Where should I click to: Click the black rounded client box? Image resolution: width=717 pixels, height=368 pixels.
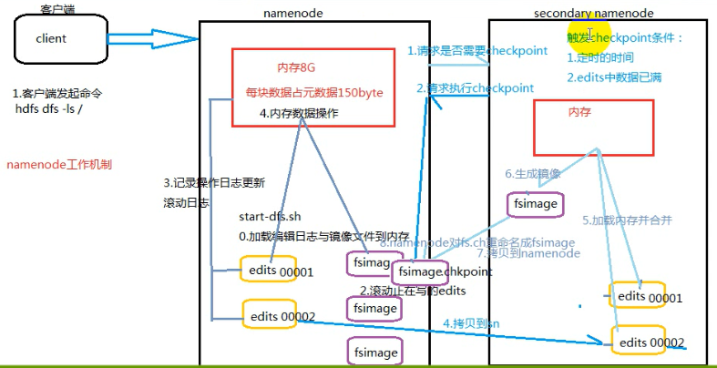(x=52, y=39)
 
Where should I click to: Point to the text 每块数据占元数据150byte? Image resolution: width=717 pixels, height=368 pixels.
(x=314, y=93)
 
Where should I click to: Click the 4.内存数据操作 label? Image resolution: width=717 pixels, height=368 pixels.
(x=299, y=114)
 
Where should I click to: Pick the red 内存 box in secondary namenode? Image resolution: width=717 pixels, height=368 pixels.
(x=593, y=126)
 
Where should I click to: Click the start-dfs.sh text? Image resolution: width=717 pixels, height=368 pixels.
(x=270, y=217)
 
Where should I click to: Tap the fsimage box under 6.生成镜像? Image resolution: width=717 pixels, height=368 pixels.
(x=535, y=204)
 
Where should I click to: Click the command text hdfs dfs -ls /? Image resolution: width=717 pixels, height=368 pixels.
(x=52, y=109)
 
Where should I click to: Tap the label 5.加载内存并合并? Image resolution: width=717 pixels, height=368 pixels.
(x=626, y=220)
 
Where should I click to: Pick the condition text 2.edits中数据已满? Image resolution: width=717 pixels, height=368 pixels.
(x=613, y=77)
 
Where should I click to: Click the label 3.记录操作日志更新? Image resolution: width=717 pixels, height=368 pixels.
(x=213, y=182)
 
